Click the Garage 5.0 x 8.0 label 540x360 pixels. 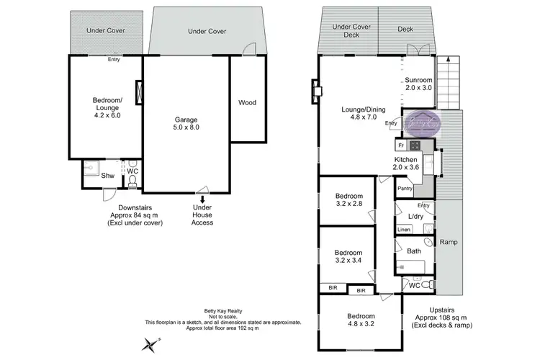(186, 123)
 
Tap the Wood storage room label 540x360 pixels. (247, 102)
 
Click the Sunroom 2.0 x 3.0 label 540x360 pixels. (418, 84)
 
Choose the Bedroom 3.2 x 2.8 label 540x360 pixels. (349, 199)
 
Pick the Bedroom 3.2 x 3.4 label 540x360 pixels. (349, 257)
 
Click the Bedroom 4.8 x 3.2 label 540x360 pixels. (361, 320)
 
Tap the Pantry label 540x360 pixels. (405, 189)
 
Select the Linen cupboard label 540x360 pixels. (404, 230)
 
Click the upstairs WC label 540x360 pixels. (414, 286)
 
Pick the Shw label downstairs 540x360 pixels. (107, 175)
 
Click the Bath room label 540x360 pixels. (414, 251)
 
